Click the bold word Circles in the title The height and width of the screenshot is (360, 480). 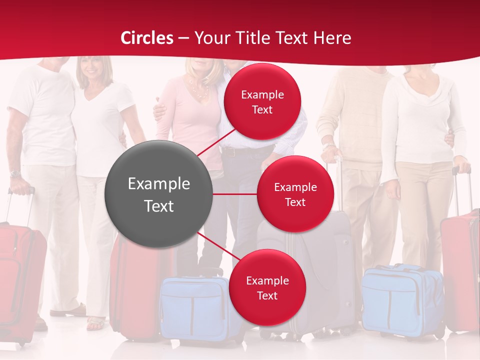click(147, 38)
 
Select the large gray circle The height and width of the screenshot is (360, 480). click(158, 194)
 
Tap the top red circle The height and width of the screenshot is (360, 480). click(262, 101)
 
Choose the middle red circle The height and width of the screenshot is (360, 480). click(295, 194)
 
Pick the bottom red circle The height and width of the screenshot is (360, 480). click(267, 287)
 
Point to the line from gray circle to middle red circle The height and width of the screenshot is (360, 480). click(234, 194)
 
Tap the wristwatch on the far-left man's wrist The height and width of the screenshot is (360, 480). click(15, 174)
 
